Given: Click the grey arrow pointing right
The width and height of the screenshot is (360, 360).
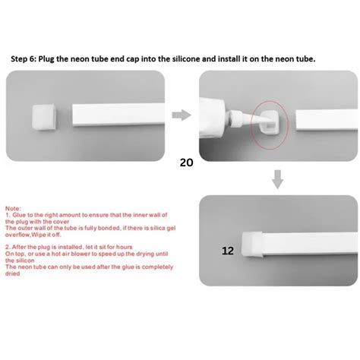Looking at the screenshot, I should [181, 115].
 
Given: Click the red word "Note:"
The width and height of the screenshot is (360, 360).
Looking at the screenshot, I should [14, 207].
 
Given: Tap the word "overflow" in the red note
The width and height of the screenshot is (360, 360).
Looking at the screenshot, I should [19, 236].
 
